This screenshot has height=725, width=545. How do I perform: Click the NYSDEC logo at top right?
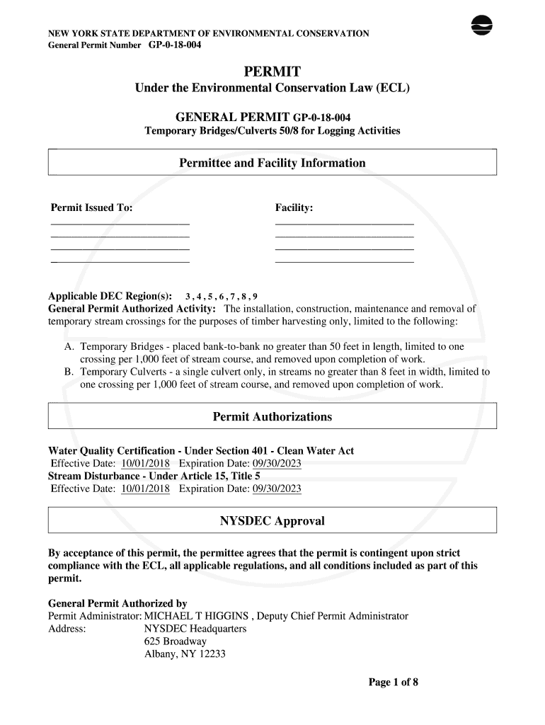coord(482,25)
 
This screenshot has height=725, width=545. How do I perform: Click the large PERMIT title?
coord(272,72)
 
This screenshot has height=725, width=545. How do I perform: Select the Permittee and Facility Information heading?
coord(272,164)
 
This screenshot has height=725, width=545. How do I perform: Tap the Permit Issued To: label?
coord(91,207)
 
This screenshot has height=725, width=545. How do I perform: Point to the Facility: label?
coord(294,207)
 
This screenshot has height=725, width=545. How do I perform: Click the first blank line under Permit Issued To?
coord(120,224)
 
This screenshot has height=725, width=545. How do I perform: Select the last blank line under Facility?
coord(344,263)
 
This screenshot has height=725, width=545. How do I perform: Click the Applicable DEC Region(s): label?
coord(110,296)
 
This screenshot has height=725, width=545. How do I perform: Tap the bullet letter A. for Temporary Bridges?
coord(69,347)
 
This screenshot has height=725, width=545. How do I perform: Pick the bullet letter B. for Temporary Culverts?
coord(69,372)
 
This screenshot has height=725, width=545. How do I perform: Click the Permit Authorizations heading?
coord(272,417)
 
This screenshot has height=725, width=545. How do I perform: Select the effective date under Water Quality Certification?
coord(146,464)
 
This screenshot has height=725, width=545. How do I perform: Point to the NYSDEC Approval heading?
coord(272,521)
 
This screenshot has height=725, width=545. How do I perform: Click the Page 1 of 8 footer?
coord(394,683)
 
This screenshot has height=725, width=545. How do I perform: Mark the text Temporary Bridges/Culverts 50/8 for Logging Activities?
coord(272,131)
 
